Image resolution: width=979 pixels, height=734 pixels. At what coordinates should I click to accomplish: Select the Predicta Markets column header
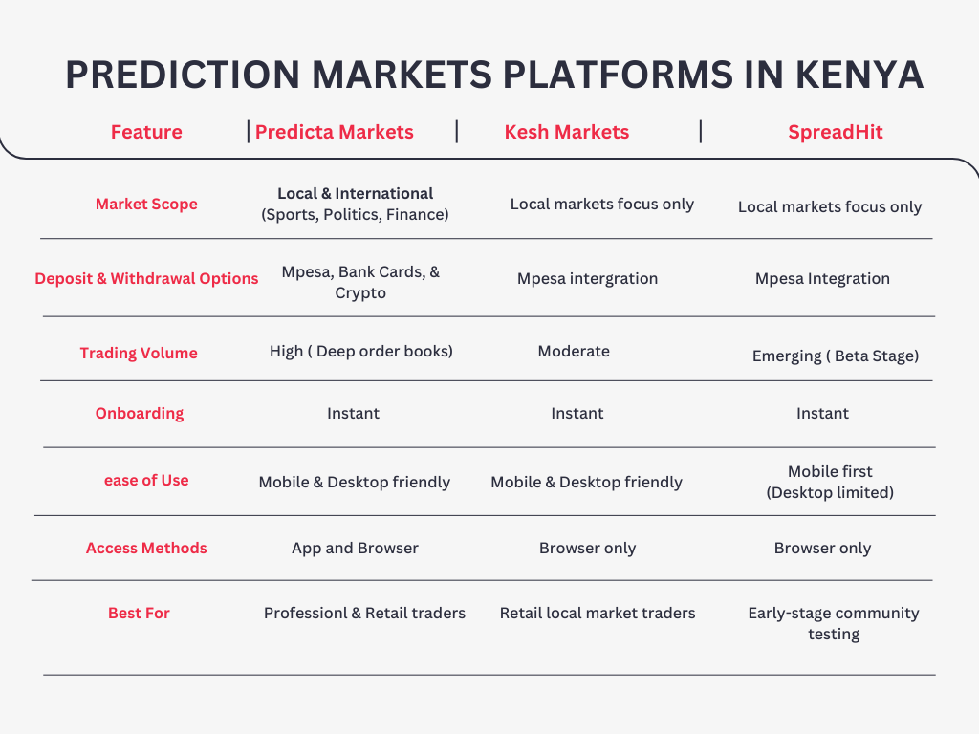click(x=335, y=132)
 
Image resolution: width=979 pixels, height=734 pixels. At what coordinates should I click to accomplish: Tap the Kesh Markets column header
click(x=567, y=132)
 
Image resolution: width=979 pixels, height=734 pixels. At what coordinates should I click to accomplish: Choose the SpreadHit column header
click(x=836, y=132)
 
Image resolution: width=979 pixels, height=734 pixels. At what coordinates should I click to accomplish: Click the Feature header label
click(x=146, y=132)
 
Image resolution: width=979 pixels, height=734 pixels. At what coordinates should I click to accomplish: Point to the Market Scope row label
click(x=146, y=204)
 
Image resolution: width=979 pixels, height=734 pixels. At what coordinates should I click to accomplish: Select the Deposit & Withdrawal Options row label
click(x=146, y=278)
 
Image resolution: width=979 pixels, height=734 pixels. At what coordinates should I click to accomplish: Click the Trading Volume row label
click(x=139, y=353)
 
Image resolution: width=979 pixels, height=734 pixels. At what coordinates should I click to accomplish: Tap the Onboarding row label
click(x=140, y=413)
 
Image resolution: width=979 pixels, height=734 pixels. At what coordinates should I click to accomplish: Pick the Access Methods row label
click(x=146, y=548)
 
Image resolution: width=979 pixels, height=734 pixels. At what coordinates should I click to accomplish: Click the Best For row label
click(x=139, y=613)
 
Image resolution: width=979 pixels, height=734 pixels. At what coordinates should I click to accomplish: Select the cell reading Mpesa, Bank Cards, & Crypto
click(x=360, y=282)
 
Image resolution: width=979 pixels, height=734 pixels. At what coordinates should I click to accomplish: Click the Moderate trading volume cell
click(x=574, y=351)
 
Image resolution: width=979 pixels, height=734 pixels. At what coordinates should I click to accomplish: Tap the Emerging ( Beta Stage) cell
click(x=836, y=356)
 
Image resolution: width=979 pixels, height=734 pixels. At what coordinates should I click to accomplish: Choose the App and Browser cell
click(x=355, y=548)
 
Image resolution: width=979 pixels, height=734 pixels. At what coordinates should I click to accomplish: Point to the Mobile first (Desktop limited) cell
click(x=830, y=482)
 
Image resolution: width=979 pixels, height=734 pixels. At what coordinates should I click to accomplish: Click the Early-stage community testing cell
click(x=834, y=622)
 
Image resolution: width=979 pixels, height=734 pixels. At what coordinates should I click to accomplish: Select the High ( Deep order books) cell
click(x=361, y=351)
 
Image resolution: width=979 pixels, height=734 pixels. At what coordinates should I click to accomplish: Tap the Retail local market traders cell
click(x=598, y=613)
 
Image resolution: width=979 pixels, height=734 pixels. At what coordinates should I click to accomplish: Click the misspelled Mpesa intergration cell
click(x=588, y=278)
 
